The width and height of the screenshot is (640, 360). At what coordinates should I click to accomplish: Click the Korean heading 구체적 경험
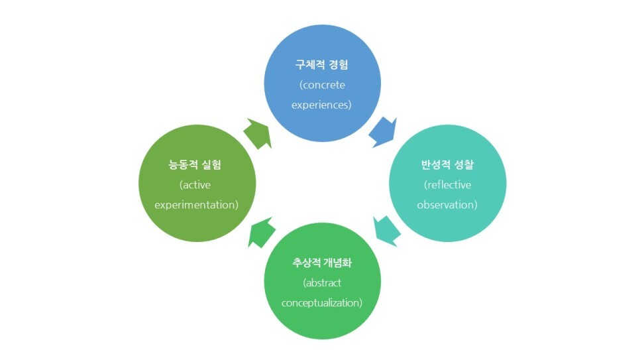(322, 66)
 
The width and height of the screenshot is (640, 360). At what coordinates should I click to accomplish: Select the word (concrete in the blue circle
(322, 85)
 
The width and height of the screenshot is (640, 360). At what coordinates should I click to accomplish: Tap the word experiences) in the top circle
(322, 105)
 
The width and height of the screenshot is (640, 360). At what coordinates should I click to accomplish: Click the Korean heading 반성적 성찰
(447, 165)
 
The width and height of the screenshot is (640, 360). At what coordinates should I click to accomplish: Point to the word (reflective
(447, 185)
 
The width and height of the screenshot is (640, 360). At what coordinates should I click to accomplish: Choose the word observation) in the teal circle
(447, 205)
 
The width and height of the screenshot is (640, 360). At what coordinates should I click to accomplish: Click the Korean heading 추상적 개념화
(322, 263)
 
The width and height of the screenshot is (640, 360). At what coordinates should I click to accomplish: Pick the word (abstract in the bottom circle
(322, 283)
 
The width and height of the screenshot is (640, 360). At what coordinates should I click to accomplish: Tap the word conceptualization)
(322, 303)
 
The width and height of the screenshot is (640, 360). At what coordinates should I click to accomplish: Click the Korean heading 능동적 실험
(196, 165)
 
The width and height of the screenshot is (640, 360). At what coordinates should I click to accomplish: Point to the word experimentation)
(196, 205)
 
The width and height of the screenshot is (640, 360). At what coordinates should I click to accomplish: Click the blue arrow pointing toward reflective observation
(383, 131)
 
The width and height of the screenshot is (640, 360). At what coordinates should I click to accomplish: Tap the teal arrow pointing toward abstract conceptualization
(387, 229)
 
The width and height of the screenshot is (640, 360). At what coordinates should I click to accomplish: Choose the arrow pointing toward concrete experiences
(258, 133)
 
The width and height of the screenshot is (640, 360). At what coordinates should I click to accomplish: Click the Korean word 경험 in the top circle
(338, 66)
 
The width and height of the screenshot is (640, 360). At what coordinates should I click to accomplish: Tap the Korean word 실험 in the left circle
(213, 165)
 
